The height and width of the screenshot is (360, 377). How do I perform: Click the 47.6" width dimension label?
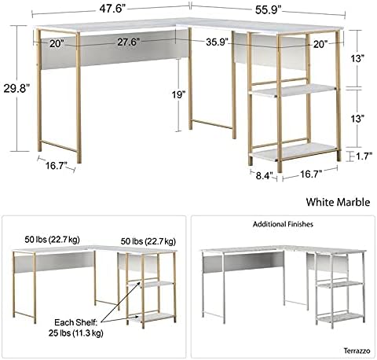tap(112, 9)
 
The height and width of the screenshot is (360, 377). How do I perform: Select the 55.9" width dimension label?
tap(268, 10)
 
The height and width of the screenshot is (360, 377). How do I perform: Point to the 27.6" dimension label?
tap(127, 42)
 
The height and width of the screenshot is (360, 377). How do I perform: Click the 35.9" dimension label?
tap(217, 42)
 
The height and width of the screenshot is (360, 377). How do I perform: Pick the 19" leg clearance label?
tap(178, 94)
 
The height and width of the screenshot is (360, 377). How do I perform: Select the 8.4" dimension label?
tap(265, 175)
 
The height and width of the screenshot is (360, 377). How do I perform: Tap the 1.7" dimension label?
tap(364, 156)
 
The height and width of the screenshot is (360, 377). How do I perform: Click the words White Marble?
tap(338, 202)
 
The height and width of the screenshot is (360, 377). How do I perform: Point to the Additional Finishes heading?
tap(283, 224)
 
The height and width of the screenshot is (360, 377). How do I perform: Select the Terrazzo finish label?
tap(357, 351)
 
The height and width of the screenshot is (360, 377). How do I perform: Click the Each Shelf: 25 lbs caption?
tap(75, 328)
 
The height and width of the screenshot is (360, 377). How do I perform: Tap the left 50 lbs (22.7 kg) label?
tap(52, 240)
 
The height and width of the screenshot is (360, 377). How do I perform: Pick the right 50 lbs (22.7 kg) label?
tap(148, 241)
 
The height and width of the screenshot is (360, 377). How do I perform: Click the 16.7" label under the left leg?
tap(57, 166)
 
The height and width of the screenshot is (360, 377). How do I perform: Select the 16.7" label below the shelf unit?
tap(311, 174)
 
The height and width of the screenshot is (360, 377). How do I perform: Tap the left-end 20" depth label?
tap(57, 43)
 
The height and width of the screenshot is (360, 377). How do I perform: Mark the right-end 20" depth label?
tap(320, 45)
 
